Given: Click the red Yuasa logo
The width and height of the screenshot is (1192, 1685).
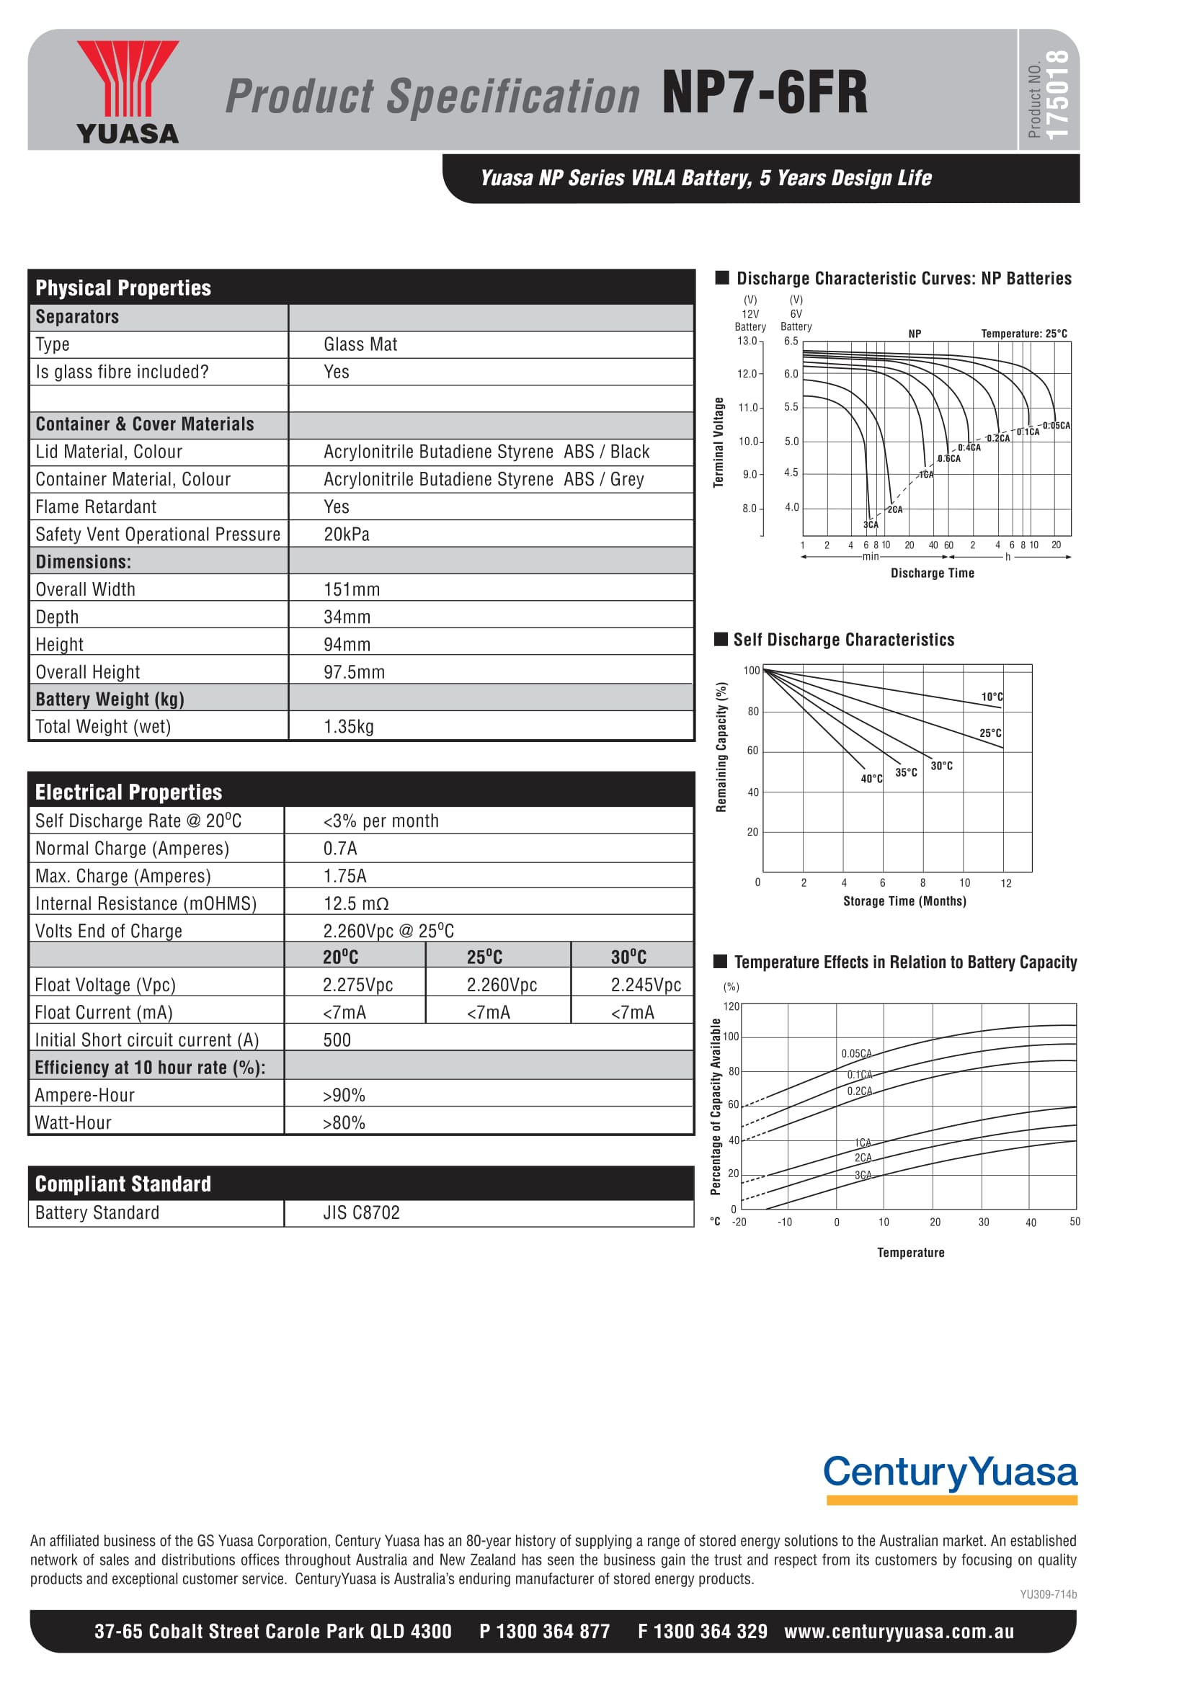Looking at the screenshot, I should tap(127, 91).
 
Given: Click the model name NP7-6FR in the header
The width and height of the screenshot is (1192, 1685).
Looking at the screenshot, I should tap(764, 93).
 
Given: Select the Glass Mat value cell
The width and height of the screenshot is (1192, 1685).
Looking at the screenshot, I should tap(360, 344).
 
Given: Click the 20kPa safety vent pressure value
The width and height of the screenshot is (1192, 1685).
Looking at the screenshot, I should tap(347, 535).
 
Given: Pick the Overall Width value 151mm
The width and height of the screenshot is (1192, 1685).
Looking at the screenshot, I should tap(352, 589).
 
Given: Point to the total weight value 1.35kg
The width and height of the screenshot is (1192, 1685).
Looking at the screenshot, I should tap(349, 727).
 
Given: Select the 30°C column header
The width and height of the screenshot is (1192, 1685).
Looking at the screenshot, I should tap(628, 957).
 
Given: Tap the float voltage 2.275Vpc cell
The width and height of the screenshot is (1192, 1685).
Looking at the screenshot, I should tap(357, 985).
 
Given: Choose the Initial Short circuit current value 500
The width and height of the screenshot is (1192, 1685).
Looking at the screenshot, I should tap(337, 1040).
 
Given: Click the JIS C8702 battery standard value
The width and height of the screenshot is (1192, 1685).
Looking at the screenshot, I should tap(361, 1212).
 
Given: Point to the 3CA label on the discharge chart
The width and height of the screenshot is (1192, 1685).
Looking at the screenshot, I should tap(871, 524).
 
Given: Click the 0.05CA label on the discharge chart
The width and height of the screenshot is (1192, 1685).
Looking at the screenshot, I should tap(1057, 426).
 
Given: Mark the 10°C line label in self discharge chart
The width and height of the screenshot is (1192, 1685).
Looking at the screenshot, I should tap(992, 697).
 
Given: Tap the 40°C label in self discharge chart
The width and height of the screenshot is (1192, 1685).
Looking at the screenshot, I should tap(871, 779).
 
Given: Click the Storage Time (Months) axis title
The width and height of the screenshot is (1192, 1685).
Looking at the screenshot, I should tap(904, 901).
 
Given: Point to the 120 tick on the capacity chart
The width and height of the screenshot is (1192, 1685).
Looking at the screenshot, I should tap(731, 1006).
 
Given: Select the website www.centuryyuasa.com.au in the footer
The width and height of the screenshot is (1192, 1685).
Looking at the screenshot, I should tap(899, 1632).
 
